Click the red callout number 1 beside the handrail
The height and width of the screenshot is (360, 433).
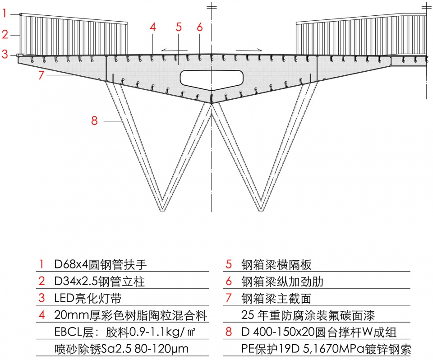pyautogui.click(x=5, y=14)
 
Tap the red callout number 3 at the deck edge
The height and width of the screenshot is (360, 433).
pyautogui.click(x=5, y=55)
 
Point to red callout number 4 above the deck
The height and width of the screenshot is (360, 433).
pyautogui.click(x=153, y=27)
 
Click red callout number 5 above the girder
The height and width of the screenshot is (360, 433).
pyautogui.click(x=179, y=27)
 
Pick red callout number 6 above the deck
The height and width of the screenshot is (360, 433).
pyautogui.click(x=200, y=27)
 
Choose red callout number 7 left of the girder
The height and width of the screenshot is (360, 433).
pyautogui.click(x=41, y=75)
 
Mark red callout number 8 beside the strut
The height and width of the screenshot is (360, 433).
pyautogui.click(x=94, y=120)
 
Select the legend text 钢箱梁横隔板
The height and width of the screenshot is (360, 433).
pyautogui.click(x=276, y=264)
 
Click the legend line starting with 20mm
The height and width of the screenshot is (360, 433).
pyautogui.click(x=128, y=315)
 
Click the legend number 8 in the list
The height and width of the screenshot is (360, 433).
pyautogui.click(x=229, y=332)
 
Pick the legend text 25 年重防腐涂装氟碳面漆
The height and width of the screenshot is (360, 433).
pyautogui.click(x=308, y=315)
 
